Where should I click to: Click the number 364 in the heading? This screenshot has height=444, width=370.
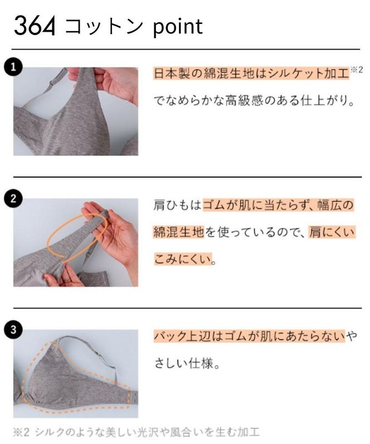[x=35, y=26]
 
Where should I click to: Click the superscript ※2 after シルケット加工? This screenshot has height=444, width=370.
[x=356, y=70]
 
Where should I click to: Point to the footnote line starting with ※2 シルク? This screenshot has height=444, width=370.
[x=136, y=432]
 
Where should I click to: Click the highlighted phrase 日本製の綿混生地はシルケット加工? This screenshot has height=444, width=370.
[x=251, y=74]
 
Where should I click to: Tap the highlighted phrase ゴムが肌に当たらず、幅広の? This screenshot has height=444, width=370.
[x=278, y=206]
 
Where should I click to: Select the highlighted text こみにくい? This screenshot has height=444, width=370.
[x=184, y=259]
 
